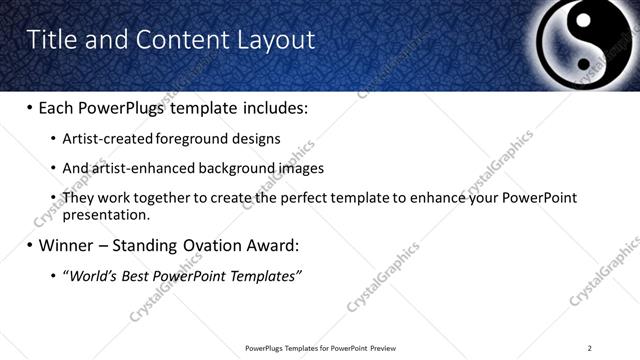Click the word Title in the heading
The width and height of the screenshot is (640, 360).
click(x=49, y=40)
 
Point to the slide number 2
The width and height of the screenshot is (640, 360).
click(x=590, y=348)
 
